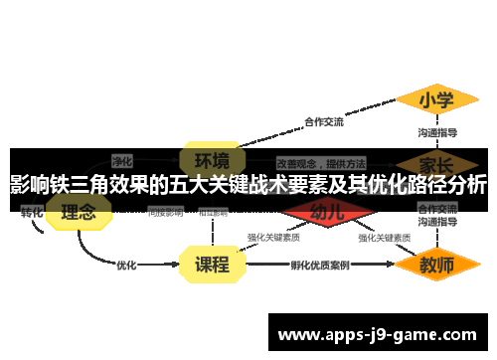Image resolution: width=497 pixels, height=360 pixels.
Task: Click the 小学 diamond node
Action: pyautogui.click(x=436, y=100)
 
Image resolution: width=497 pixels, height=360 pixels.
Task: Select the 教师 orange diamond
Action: pyautogui.click(x=436, y=265)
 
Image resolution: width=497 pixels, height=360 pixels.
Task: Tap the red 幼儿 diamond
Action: pyautogui.click(x=327, y=211)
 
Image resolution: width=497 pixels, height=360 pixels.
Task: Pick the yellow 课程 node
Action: pyautogui.click(x=212, y=265)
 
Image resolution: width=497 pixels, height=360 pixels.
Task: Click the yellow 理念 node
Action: pyautogui.click(x=79, y=212)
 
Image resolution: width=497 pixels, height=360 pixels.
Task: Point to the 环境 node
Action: pyautogui.click(x=212, y=159)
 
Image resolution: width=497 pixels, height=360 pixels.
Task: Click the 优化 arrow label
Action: pyautogui.click(x=126, y=265)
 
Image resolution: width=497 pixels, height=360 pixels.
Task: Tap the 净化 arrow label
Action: pyautogui.click(x=122, y=160)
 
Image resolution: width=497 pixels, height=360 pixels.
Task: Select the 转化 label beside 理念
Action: pyautogui.click(x=32, y=212)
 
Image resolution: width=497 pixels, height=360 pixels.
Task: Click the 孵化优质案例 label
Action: pyautogui.click(x=319, y=266)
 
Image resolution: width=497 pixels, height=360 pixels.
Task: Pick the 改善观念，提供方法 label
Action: pyautogui.click(x=320, y=161)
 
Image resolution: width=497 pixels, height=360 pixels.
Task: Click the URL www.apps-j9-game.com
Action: pyautogui.click(x=377, y=335)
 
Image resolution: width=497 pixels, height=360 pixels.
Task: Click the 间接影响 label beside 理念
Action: pyautogui.click(x=165, y=212)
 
